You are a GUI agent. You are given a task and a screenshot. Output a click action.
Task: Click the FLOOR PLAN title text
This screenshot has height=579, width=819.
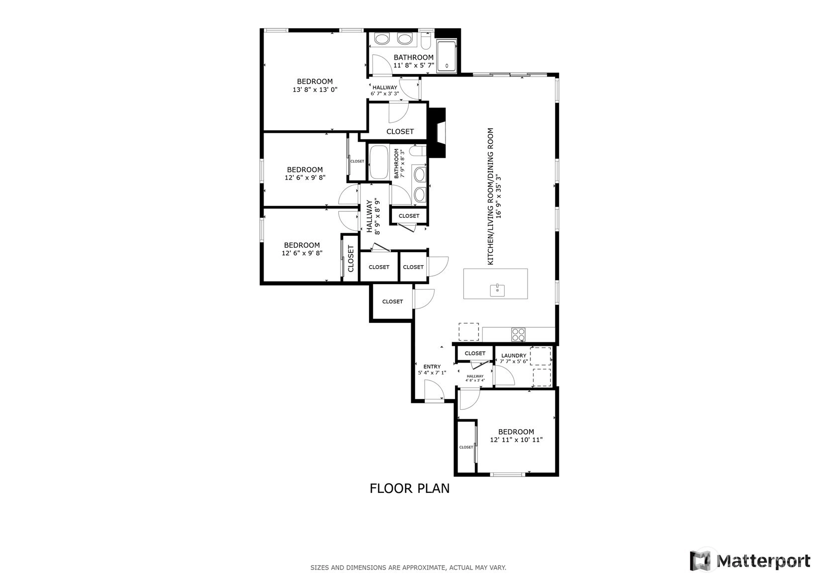(410, 488)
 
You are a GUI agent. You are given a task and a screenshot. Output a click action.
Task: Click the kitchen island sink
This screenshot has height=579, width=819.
(497, 290)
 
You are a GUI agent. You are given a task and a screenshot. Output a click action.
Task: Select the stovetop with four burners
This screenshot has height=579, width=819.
(518, 335)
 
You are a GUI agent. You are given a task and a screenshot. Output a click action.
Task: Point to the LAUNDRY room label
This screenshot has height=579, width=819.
(514, 356)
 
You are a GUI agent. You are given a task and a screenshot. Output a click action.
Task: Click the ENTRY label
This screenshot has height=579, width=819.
(432, 367)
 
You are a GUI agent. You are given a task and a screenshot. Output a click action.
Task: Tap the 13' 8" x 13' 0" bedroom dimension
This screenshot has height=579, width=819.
(315, 90)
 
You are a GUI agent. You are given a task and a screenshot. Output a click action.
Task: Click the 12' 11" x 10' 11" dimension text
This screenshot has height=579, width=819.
(516, 440)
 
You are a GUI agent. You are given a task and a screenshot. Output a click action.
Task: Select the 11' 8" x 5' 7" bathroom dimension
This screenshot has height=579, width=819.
(414, 66)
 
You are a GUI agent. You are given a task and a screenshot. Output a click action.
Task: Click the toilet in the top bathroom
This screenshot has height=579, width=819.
(426, 41)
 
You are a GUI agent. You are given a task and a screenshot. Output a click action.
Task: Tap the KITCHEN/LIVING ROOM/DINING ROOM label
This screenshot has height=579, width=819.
(491, 196)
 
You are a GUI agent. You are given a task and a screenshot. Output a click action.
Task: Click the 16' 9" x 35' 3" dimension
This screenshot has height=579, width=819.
(499, 196)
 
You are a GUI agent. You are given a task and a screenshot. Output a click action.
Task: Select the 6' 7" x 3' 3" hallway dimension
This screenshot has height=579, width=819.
(385, 94)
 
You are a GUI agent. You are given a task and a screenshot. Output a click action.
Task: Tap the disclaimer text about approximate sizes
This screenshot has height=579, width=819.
(408, 568)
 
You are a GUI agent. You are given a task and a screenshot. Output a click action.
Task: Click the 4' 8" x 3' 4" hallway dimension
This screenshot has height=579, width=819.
(475, 381)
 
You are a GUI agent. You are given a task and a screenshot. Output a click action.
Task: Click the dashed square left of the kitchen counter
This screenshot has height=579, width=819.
(469, 332)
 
